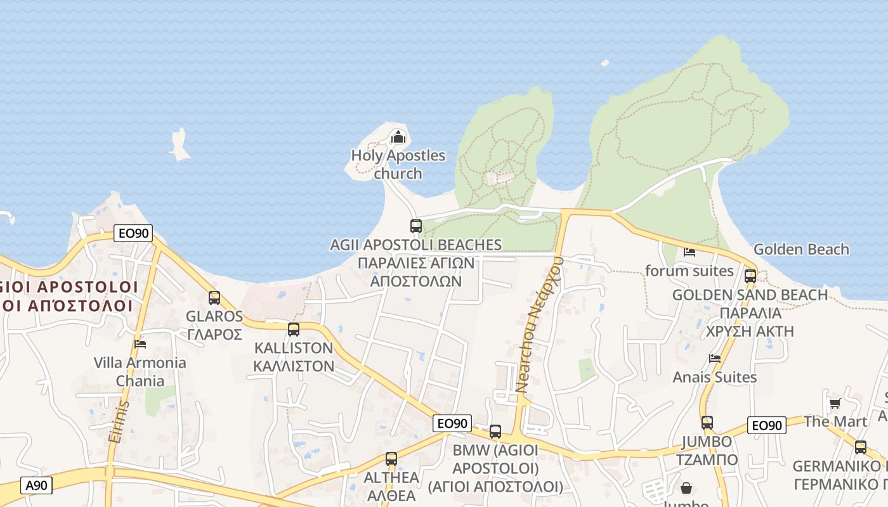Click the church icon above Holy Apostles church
(x=398, y=137)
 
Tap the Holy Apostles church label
(x=398, y=164)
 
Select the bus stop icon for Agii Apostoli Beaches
(x=416, y=226)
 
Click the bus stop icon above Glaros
(x=214, y=298)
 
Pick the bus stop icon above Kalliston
(x=293, y=330)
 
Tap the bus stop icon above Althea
(x=391, y=459)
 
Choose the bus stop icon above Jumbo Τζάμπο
(x=707, y=423)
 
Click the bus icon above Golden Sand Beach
(x=750, y=276)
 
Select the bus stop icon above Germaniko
(x=860, y=447)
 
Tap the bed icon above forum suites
(x=689, y=252)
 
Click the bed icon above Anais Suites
(x=715, y=359)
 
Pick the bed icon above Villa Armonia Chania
(x=140, y=344)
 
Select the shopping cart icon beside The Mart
(x=835, y=404)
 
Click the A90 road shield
(x=36, y=485)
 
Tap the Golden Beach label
(x=801, y=249)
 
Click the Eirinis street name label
(x=119, y=421)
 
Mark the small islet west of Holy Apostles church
(x=180, y=144)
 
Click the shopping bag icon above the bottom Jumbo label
(x=686, y=488)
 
